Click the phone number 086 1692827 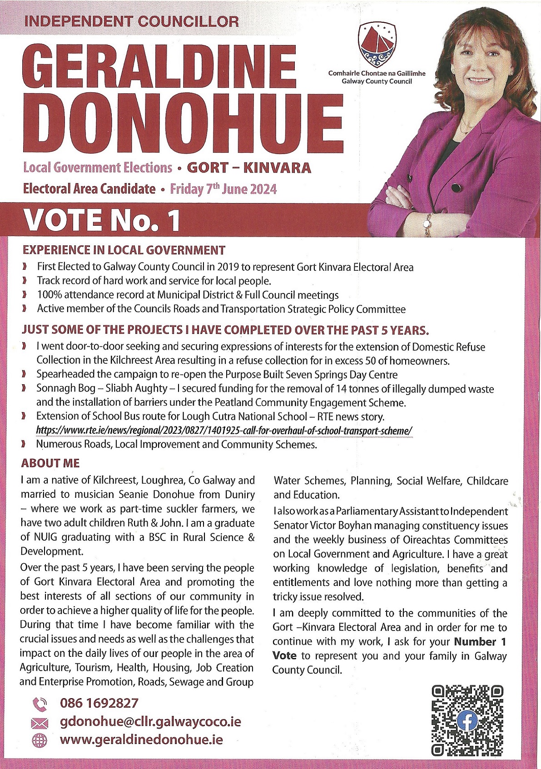pyautogui.click(x=99, y=703)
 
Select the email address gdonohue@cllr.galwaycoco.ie pyautogui.click(x=150, y=721)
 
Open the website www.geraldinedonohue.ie pyautogui.click(x=141, y=739)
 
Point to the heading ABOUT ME pyautogui.click(x=50, y=463)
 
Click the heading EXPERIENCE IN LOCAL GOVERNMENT pyautogui.click(x=124, y=250)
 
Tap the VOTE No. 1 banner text pyautogui.click(x=102, y=220)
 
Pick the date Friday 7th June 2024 pyautogui.click(x=223, y=189)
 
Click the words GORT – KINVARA pyautogui.click(x=249, y=168)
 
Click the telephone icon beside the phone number pyautogui.click(x=40, y=704)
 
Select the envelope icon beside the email pyautogui.click(x=40, y=723)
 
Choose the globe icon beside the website pyautogui.click(x=40, y=740)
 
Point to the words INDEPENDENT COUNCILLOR pyautogui.click(x=131, y=21)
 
